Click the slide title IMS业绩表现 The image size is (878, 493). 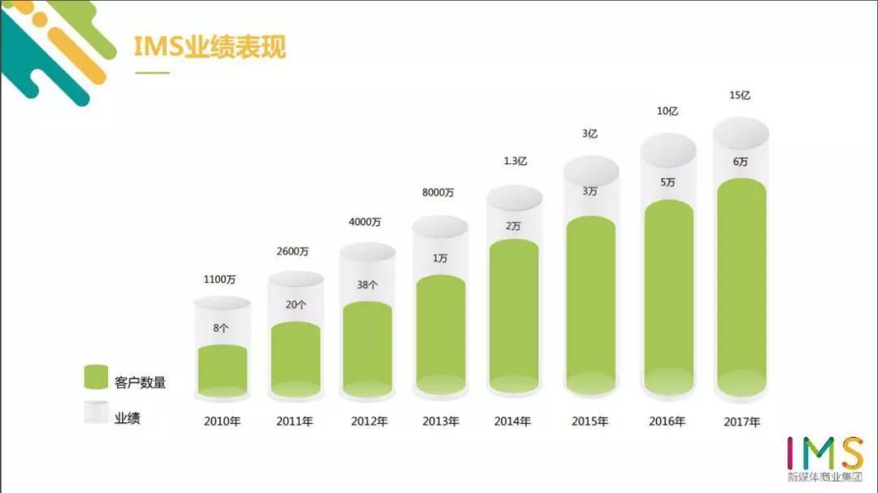210,46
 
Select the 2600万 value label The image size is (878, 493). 293,252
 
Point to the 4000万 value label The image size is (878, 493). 365,222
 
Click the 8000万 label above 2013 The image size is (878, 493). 438,192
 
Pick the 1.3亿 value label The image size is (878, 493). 515,161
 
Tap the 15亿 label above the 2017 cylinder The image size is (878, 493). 740,95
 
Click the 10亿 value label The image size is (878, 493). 667,111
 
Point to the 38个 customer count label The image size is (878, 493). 367,285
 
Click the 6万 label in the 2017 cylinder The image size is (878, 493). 740,162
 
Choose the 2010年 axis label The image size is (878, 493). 221,421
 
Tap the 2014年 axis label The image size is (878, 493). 512,421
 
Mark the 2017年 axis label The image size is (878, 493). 741,422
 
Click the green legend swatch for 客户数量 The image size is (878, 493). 96,377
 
